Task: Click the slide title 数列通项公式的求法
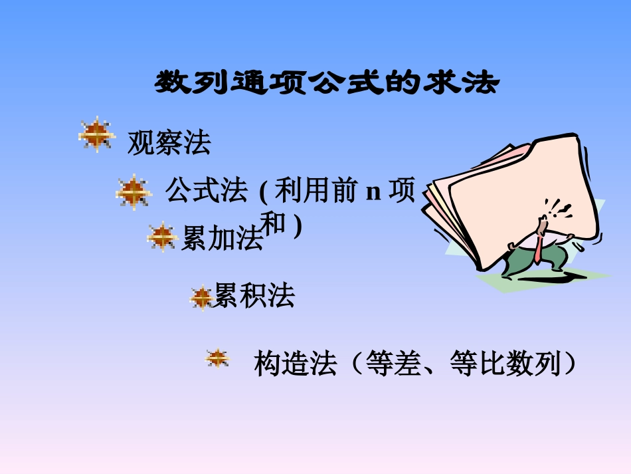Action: coord(326,84)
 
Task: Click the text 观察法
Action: coord(169,143)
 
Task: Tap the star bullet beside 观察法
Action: coord(96,134)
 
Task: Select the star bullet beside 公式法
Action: coord(134,191)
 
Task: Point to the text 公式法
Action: coord(206,191)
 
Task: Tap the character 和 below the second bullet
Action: coord(275,225)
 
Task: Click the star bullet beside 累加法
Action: coord(161,237)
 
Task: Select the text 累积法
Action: coord(253,296)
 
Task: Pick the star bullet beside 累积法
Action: coord(201,298)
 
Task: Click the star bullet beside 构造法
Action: coord(217,358)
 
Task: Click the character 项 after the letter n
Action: coord(401,191)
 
